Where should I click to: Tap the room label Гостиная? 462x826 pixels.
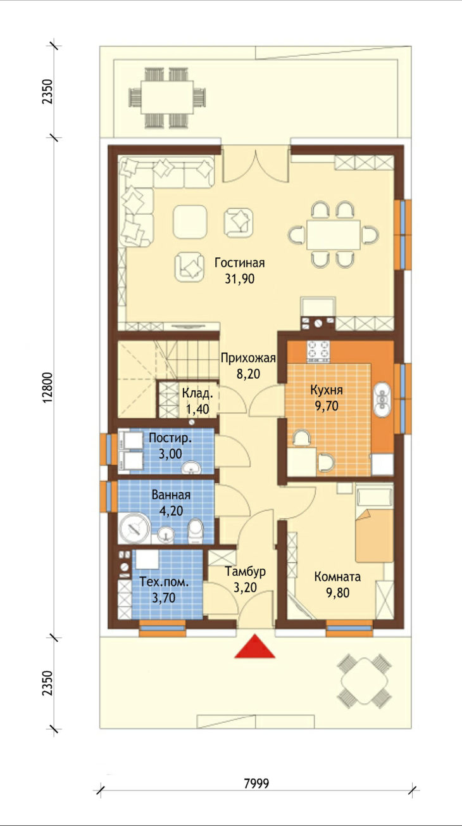[x=240, y=262]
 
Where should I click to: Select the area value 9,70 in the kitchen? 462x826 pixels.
[x=327, y=406]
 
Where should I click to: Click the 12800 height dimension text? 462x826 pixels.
[x=48, y=388]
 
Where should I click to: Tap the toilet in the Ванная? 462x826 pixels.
[x=196, y=531]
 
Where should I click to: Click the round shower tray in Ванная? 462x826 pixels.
[x=134, y=528]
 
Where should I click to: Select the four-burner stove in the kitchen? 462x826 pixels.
[x=318, y=351]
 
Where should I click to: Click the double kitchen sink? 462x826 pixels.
[x=383, y=400]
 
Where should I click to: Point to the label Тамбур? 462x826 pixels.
[x=246, y=571]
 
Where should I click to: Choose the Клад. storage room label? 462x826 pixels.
[x=197, y=393]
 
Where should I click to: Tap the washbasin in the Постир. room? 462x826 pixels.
[x=191, y=468]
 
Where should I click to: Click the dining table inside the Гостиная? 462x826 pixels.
[x=334, y=234]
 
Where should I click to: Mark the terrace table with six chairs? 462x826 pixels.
[x=167, y=98]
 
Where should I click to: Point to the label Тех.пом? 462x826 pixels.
[x=164, y=582]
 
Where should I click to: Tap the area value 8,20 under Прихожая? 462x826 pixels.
[x=248, y=374]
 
